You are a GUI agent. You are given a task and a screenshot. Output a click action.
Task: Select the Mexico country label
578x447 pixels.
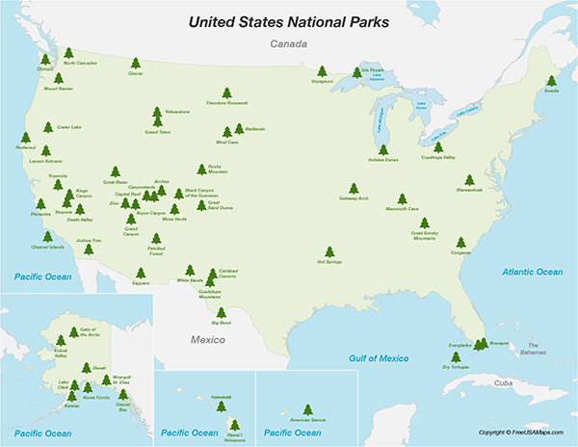(206, 339)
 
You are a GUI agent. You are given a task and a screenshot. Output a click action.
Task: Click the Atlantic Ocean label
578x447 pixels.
(532, 273)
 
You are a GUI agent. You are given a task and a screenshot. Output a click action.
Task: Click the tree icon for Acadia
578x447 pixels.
(552, 81)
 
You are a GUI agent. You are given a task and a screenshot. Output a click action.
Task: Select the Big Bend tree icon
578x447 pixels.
(222, 312)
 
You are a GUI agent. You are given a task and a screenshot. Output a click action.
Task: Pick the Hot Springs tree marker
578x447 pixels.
(329, 250)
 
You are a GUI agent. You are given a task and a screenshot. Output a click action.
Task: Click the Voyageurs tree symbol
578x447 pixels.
(321, 70)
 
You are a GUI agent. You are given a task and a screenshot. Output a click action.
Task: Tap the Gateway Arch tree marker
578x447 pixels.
(354, 188)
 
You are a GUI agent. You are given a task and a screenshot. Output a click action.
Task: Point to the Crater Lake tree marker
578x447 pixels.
(48, 127)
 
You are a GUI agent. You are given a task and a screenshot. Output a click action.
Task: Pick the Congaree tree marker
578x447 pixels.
(460, 243)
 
